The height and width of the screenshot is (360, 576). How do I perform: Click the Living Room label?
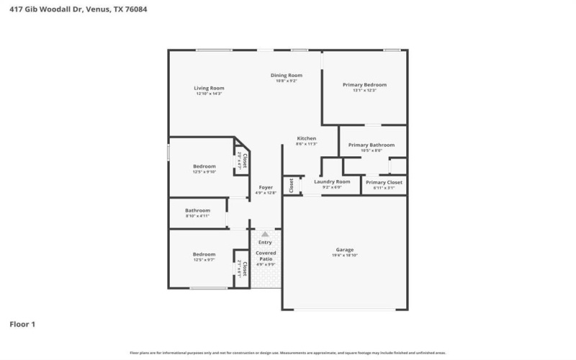[209, 88]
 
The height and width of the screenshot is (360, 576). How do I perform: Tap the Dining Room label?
[286, 75]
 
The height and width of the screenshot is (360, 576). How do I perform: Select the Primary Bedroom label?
[364, 84]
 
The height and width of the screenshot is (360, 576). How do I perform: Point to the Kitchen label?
[306, 138]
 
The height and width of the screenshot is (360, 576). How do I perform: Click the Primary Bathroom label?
[372, 145]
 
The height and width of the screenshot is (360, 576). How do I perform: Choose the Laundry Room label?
[332, 181]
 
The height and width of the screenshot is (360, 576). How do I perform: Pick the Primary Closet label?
[384, 182]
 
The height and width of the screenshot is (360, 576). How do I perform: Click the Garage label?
[344, 249]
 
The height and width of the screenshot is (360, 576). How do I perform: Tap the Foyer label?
[266, 187]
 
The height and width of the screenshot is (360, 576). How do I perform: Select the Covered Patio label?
[266, 256]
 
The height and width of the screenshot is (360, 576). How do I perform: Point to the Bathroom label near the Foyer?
[197, 210]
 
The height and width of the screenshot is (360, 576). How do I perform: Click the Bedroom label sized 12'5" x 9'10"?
[204, 166]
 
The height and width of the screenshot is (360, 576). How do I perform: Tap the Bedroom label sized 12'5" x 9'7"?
[204, 253]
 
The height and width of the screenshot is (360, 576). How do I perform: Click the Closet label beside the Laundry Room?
[292, 185]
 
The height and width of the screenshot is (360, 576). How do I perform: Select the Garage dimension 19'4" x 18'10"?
[344, 256]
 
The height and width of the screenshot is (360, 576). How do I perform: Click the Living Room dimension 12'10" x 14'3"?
[209, 94]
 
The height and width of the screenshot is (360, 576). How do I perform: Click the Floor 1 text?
[22, 324]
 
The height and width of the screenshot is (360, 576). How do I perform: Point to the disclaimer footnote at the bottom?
[287, 353]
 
